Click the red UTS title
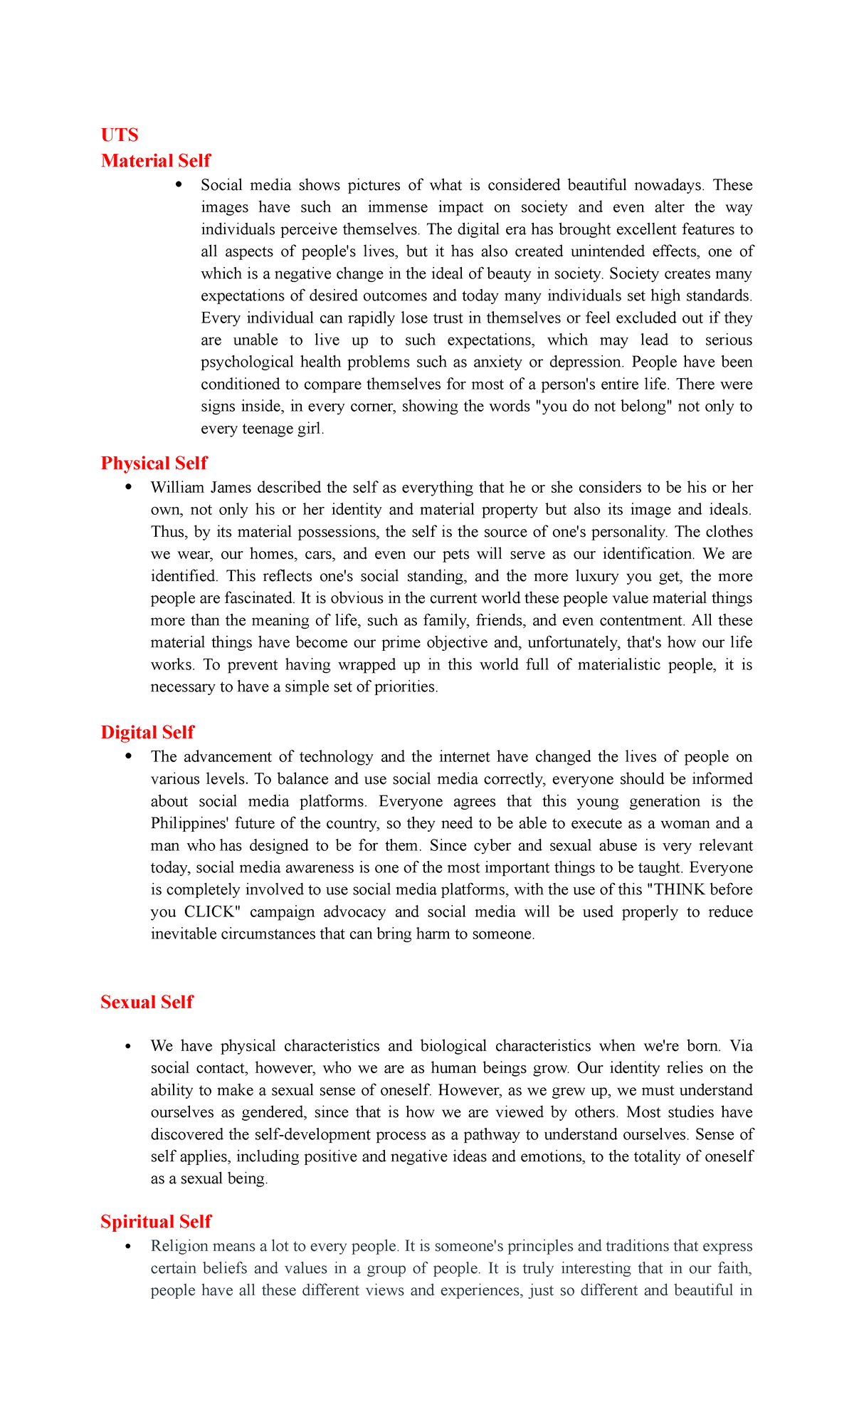click(x=120, y=135)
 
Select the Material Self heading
click(x=156, y=161)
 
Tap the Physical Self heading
click(x=154, y=464)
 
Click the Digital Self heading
click(x=147, y=733)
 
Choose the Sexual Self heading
click(x=147, y=1003)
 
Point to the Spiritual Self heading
click(x=156, y=1222)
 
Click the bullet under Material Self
click(x=178, y=185)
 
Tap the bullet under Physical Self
click(x=128, y=488)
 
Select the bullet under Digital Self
click(x=128, y=757)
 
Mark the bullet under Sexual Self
click(x=128, y=1047)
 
